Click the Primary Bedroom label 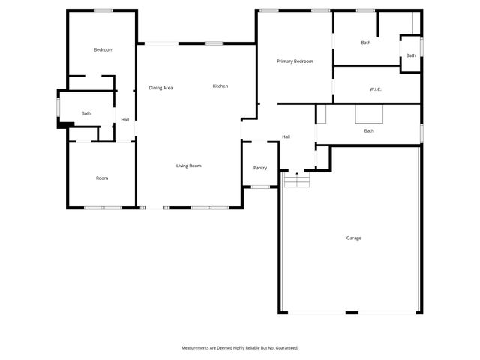tap(294, 61)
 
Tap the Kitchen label tap(220, 86)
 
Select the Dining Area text tap(160, 88)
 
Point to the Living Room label tap(188, 166)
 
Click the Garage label tap(353, 238)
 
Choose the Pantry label tap(260, 168)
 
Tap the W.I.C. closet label tap(376, 89)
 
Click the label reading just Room tap(102, 178)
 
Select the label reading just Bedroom tap(103, 49)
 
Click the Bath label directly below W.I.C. tap(369, 131)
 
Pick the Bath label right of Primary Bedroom tap(365, 43)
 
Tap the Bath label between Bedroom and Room tap(86, 113)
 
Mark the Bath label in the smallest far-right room tap(411, 55)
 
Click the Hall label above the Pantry tap(286, 136)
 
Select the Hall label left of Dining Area tap(125, 120)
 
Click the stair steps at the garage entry tap(297, 181)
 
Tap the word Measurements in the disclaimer tap(197, 348)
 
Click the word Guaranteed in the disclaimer tap(285, 348)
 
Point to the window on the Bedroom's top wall tap(103, 10)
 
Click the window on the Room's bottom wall tap(103, 207)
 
